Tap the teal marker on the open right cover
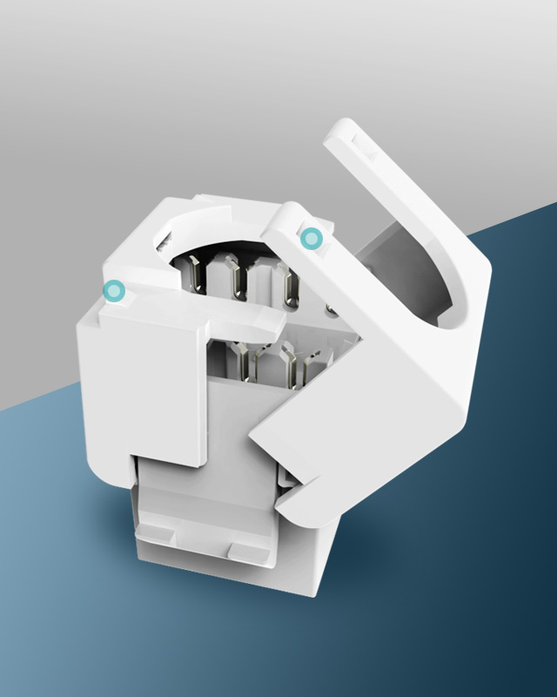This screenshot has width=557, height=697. coord(311,237)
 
